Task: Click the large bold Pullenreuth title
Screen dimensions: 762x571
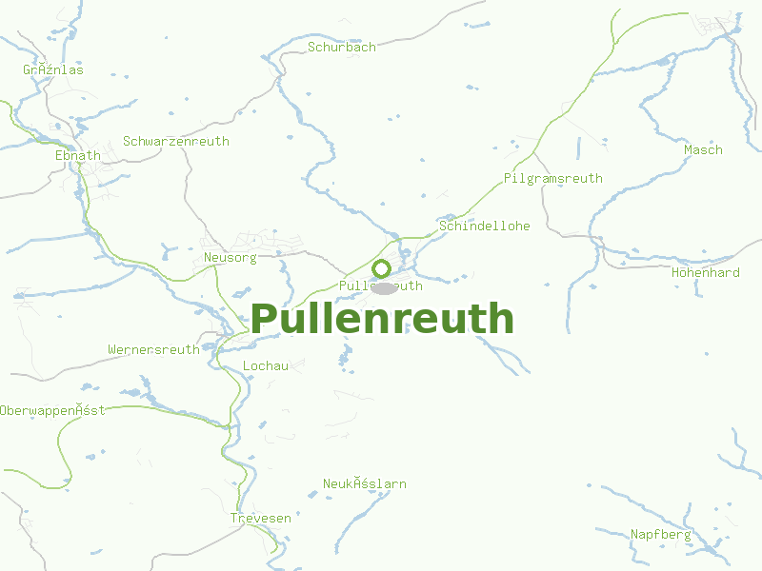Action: (382, 320)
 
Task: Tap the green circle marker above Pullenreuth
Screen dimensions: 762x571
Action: (382, 268)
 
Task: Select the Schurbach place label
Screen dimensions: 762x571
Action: (341, 47)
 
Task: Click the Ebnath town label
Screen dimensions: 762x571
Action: (77, 155)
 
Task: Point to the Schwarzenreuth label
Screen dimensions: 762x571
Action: (176, 141)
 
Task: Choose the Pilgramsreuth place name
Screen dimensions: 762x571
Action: (552, 178)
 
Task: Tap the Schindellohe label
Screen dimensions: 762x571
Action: (484, 226)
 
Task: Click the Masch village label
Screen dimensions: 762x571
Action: (703, 149)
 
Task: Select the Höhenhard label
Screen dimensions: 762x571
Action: (705, 272)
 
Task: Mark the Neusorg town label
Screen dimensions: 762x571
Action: (230, 258)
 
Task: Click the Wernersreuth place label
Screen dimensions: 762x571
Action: (153, 349)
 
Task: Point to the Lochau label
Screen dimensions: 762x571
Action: (266, 365)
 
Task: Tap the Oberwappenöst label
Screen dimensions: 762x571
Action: (52, 410)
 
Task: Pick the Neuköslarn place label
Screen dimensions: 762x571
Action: (364, 483)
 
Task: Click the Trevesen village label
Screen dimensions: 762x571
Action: (260, 518)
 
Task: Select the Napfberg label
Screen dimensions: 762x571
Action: (660, 534)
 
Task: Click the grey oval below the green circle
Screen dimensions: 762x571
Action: (384, 288)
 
